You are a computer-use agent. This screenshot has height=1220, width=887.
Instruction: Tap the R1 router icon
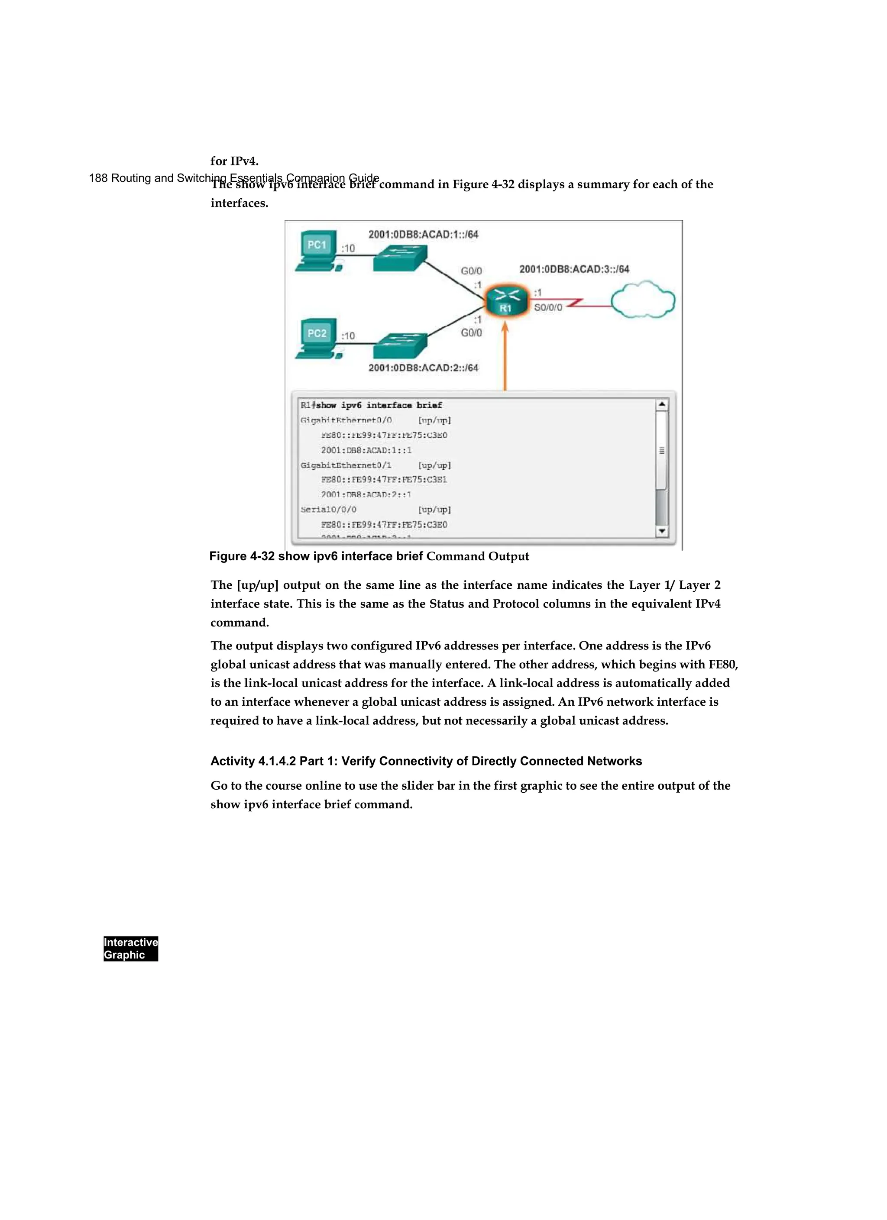click(x=505, y=302)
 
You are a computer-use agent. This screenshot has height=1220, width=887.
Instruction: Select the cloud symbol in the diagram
click(x=643, y=300)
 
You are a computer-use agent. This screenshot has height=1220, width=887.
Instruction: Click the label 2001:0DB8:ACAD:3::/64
click(x=574, y=269)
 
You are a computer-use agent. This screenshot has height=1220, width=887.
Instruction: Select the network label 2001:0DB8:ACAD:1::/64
click(x=423, y=235)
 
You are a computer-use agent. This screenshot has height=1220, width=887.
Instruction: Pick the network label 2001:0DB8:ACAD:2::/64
click(x=423, y=368)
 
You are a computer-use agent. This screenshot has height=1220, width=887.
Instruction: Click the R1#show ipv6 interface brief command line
click(x=371, y=405)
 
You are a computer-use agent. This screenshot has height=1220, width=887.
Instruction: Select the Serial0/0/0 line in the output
click(x=328, y=510)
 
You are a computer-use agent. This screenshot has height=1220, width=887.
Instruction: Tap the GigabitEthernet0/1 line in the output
click(x=346, y=465)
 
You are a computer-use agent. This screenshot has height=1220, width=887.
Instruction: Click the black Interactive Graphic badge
click(x=131, y=949)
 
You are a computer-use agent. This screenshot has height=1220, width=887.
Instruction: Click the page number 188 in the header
click(x=98, y=178)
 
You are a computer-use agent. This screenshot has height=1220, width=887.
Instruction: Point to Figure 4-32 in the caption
click(x=242, y=556)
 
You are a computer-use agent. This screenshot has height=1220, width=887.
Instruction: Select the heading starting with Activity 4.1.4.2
click(x=426, y=761)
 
